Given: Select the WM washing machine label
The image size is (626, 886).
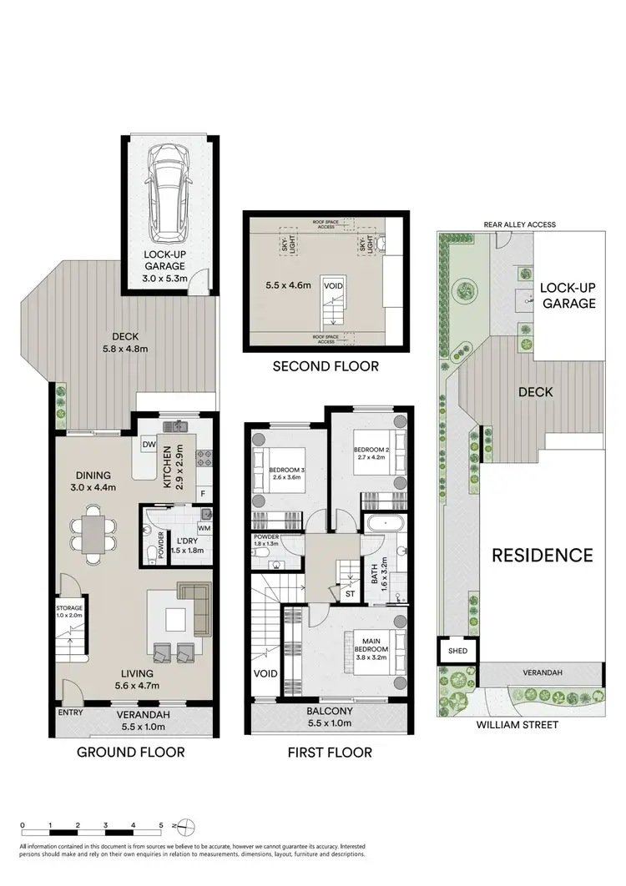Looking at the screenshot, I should coord(204,529).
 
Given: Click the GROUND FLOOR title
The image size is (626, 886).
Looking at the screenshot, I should coord(131,752).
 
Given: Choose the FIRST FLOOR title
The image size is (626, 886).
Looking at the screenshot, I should coord(330,752).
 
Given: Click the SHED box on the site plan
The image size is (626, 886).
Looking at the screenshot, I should coord(457,651).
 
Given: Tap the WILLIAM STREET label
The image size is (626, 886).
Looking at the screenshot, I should coord(517,725).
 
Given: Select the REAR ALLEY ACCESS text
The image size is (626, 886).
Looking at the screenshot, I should coord(518,224).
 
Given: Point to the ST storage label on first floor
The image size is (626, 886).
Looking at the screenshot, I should coord(350,593).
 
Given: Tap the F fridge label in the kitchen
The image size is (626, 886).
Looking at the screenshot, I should coord(203,492).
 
